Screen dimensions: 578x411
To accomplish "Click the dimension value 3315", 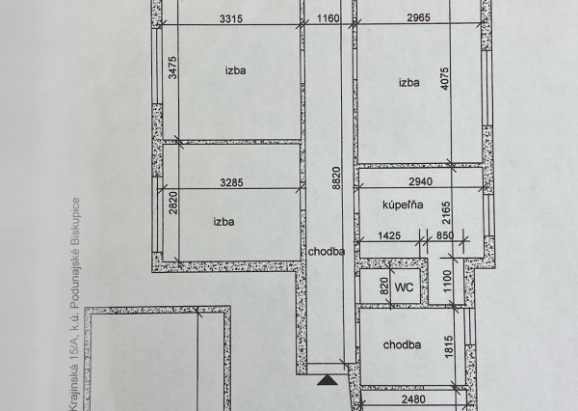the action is coord(231,18).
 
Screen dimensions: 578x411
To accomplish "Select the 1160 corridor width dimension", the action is coord(328,17).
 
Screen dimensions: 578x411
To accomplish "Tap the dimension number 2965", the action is coord(419,17).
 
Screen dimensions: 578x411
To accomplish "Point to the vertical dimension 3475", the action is coord(172,68).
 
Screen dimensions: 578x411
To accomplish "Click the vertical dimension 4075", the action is coord(445,78).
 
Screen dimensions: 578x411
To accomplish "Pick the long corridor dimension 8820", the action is coord(336,178).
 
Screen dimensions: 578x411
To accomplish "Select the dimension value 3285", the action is coord(231,182).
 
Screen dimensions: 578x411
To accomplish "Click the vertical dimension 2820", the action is coord(172,203).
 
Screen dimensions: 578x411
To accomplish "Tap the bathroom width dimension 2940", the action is coord(421,181).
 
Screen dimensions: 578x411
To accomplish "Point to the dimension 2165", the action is coord(446,212).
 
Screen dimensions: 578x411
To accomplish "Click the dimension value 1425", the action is coord(389,235).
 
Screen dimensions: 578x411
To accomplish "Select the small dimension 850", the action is coord(445,235).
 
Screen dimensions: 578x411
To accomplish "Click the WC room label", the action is coord(404,287).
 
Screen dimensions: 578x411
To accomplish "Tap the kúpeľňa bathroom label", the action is coord(403,205).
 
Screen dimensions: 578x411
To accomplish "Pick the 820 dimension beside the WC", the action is coord(383,286).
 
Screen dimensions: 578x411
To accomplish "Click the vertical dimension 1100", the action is coord(447,281).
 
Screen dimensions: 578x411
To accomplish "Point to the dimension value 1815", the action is coord(449,346).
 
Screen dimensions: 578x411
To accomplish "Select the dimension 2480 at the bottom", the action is coord(413,399).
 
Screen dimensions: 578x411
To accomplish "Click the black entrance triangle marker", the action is coord(328,380).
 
